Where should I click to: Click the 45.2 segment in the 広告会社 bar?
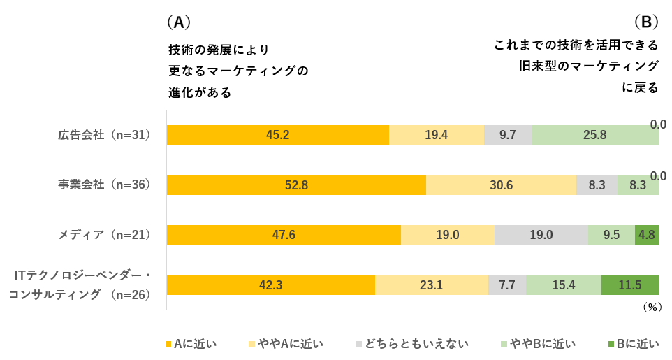277,135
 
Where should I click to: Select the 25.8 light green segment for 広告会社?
594,135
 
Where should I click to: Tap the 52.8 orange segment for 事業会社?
296,185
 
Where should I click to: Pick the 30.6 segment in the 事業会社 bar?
501,185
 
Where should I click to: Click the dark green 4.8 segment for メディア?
646,236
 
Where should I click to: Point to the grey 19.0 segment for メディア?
541,236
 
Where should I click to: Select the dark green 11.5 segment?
629,285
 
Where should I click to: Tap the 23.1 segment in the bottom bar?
431,285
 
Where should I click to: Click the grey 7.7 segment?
507,285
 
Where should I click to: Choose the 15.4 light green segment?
563,285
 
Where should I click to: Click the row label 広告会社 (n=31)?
105,135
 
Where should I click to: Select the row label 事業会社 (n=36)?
105,185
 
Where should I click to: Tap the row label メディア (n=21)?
105,235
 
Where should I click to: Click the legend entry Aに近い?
191,343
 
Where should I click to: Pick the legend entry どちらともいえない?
412,343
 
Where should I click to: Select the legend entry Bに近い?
634,343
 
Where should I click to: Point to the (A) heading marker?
179,22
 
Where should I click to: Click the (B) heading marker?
646,22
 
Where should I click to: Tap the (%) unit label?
651,306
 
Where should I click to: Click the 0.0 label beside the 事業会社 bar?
658,175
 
